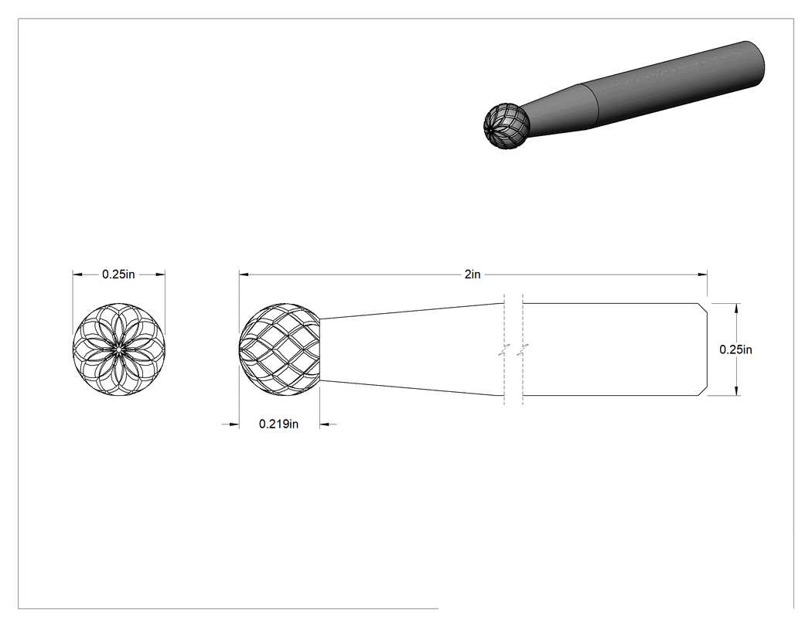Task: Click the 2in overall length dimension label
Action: [x=473, y=274]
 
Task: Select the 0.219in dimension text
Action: [x=278, y=424]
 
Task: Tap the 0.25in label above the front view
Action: [x=118, y=274]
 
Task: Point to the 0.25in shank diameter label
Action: [x=735, y=349]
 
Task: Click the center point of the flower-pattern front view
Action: [x=118, y=349]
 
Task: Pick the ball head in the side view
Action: [x=280, y=349]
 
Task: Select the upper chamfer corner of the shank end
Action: [x=703, y=307]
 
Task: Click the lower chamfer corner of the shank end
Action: [x=703, y=392]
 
